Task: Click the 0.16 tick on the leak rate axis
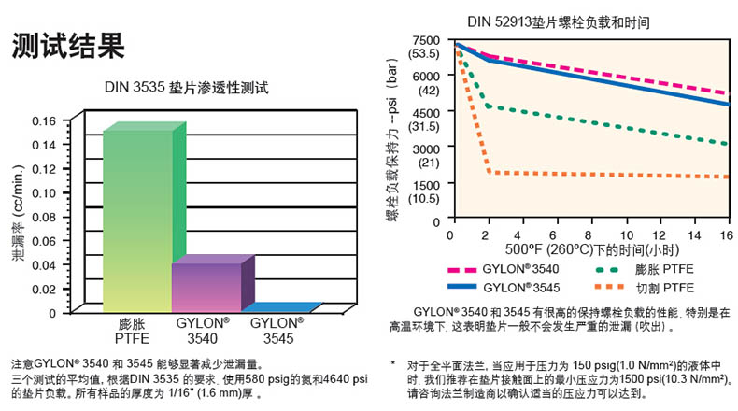[44, 120]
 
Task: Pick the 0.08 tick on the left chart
[44, 217]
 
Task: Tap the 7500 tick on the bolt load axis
[425, 40]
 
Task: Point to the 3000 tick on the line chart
[425, 149]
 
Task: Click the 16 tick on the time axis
[726, 234]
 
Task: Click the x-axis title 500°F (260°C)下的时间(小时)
[564, 250]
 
